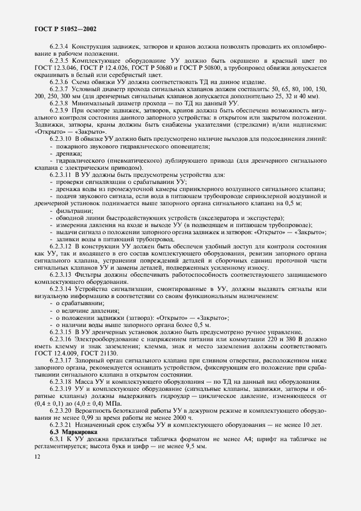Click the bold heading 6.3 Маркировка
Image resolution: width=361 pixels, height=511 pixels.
tap(70, 431)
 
